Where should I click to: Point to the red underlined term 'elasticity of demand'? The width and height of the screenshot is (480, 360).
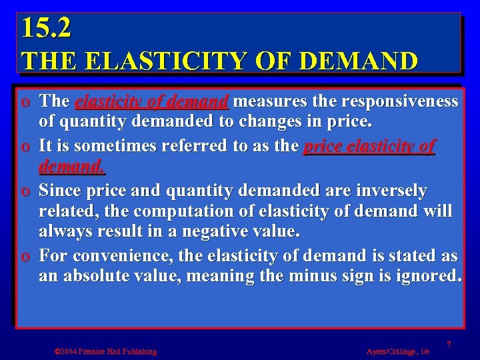coord(152,101)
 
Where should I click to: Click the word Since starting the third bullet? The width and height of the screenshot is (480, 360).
coord(62,191)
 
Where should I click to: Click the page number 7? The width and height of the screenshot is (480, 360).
coord(449,344)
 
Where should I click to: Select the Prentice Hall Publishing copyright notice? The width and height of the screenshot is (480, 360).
coord(105,351)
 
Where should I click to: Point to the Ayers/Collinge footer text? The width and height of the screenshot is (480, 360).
coord(397,351)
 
